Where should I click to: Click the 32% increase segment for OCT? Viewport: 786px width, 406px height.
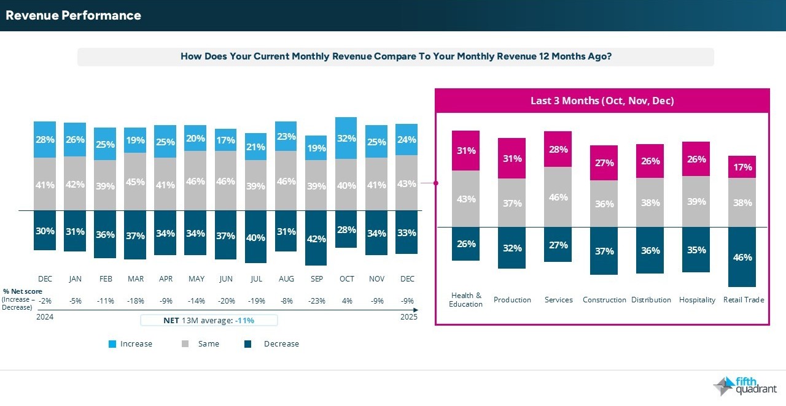pyautogui.click(x=346, y=138)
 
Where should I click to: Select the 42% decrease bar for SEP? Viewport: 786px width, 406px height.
pyautogui.click(x=316, y=238)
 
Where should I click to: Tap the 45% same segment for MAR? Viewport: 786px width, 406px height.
pyautogui.click(x=136, y=182)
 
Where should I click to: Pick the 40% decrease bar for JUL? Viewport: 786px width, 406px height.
pyautogui.click(x=256, y=237)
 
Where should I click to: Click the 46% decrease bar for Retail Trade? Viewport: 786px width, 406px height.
pyautogui.click(x=742, y=257)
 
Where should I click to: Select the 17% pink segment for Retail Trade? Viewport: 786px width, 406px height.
pyautogui.click(x=742, y=167)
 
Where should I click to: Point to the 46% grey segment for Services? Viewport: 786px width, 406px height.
pyautogui.click(x=558, y=197)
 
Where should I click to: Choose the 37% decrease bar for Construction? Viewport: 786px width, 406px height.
pyautogui.click(x=604, y=251)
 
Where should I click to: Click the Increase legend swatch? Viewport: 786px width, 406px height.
pyautogui.click(x=112, y=344)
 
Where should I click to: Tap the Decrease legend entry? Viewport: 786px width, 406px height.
pyautogui.click(x=281, y=344)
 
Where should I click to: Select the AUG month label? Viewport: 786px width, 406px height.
pyautogui.click(x=286, y=279)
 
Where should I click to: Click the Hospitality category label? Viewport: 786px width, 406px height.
pyautogui.click(x=697, y=300)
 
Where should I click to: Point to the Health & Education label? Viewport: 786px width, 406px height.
pyautogui.click(x=465, y=300)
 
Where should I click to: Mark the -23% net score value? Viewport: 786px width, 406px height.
pyautogui.click(x=316, y=301)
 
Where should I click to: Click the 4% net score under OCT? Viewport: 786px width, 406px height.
pyautogui.click(x=346, y=301)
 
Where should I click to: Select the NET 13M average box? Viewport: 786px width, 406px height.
pyautogui.click(x=209, y=320)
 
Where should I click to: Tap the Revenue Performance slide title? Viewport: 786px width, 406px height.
pyautogui.click(x=73, y=15)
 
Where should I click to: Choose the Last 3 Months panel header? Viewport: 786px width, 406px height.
pyautogui.click(x=602, y=101)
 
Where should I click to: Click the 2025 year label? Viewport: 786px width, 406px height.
pyautogui.click(x=408, y=317)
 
